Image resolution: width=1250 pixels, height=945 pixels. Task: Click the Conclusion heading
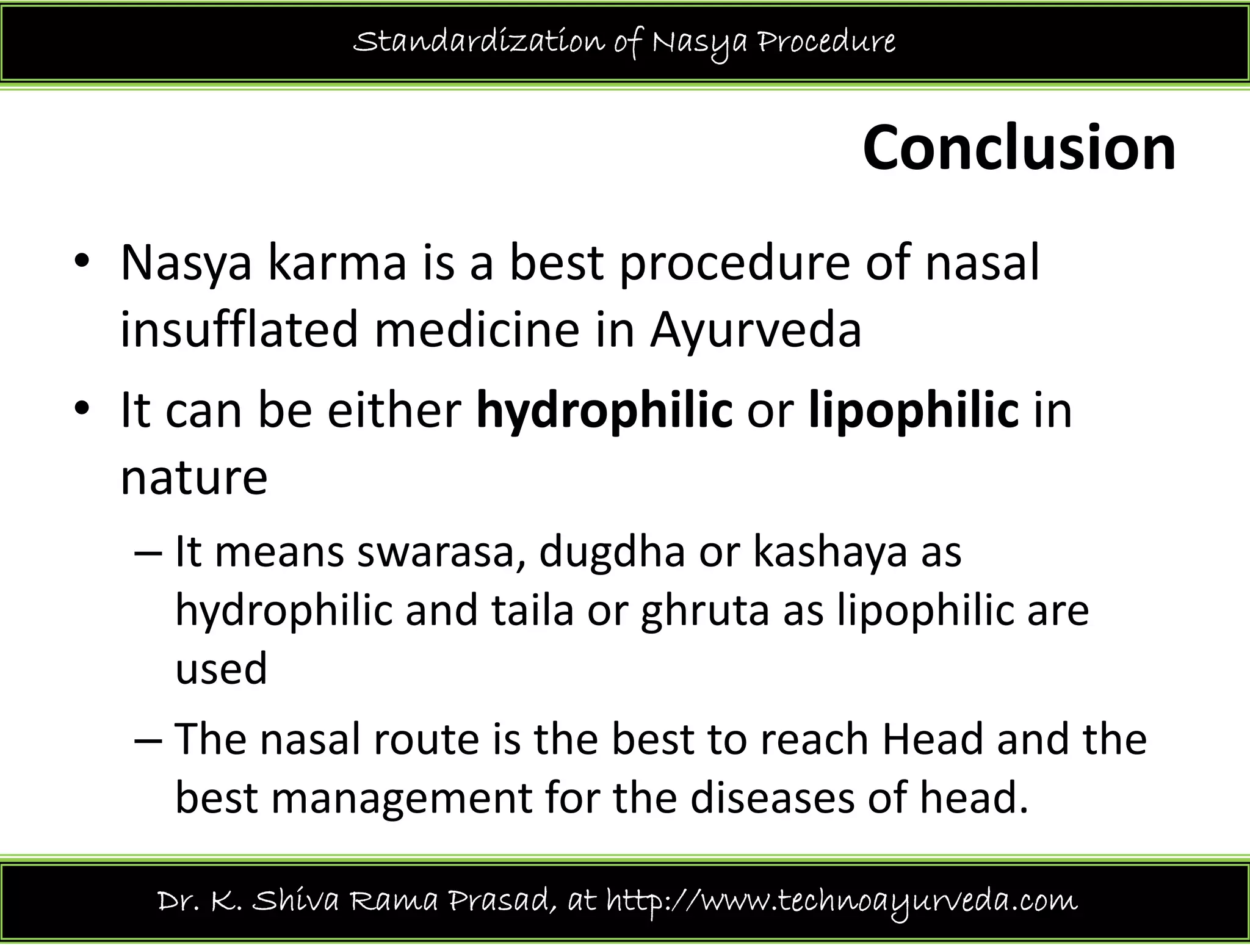(x=1019, y=149)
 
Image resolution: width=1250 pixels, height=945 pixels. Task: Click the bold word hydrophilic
(x=604, y=411)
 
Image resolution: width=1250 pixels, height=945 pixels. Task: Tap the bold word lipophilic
(x=914, y=411)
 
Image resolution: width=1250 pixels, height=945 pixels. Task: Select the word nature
(x=194, y=478)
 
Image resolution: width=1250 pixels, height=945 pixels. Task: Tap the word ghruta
(x=705, y=611)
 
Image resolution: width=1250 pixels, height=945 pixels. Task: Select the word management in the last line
(x=402, y=799)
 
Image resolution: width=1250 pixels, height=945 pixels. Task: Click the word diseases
(x=772, y=798)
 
